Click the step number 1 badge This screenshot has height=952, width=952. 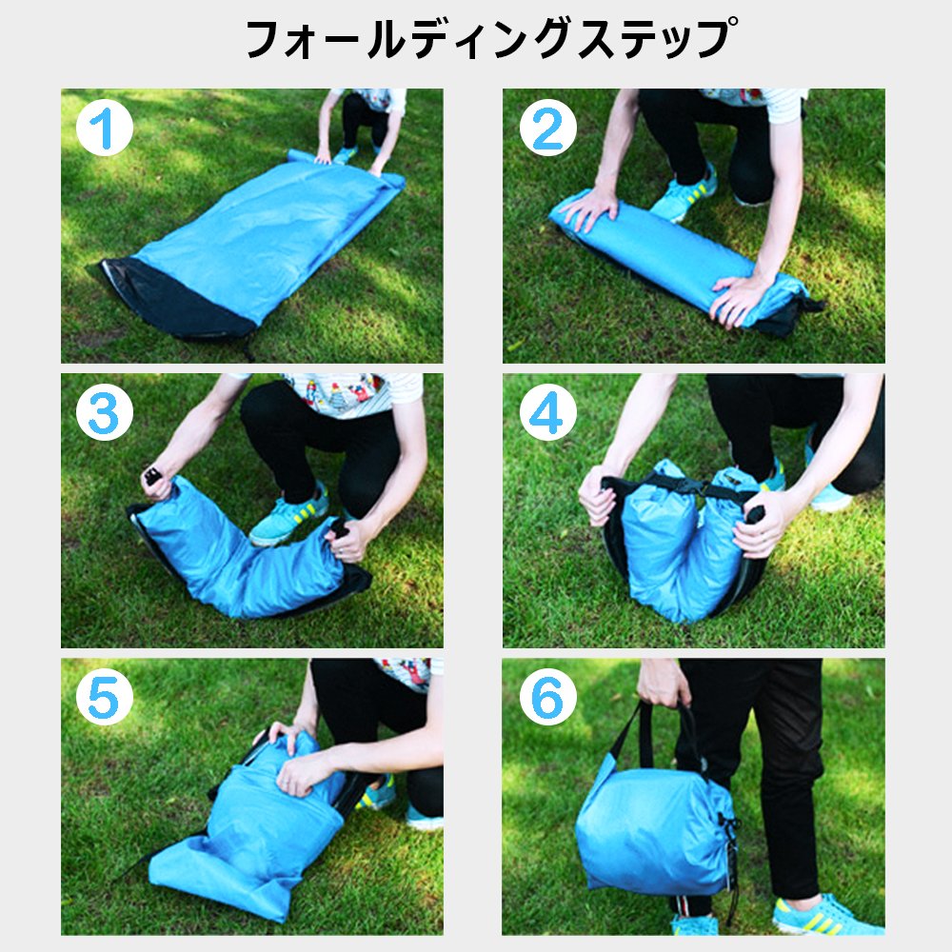[x=105, y=129]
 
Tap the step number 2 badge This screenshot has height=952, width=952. [x=547, y=129]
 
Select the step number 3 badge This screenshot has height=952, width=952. [x=105, y=412]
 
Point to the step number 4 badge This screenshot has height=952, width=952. [x=547, y=412]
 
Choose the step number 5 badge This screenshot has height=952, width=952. [x=105, y=697]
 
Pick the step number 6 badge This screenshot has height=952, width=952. [x=547, y=697]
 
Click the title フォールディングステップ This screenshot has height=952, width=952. [x=490, y=39]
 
